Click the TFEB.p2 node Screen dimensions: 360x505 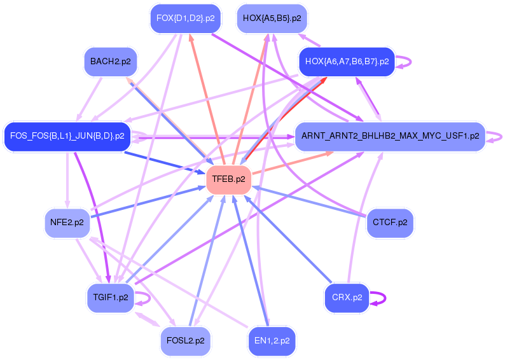pos(228,179)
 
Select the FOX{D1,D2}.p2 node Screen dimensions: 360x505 pos(185,18)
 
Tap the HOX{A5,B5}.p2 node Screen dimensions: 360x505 pos(272,18)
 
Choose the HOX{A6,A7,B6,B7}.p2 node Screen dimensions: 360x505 pos(347,62)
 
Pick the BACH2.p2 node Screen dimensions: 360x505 pos(110,62)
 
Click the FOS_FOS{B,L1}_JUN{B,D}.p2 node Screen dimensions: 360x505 pos(67,136)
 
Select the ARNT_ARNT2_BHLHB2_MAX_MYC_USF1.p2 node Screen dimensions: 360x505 pos(390,136)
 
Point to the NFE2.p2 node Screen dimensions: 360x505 pos(67,223)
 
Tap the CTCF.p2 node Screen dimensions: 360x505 pos(390,223)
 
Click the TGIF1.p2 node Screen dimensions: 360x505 pos(110,297)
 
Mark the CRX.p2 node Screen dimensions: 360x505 pos(347,297)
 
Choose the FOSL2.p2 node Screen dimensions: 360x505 pos(185,340)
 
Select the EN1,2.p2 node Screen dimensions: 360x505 pos(272,340)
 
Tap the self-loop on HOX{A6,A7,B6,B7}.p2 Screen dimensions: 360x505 pos(405,62)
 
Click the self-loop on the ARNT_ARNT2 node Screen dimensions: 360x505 pos(496,136)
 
